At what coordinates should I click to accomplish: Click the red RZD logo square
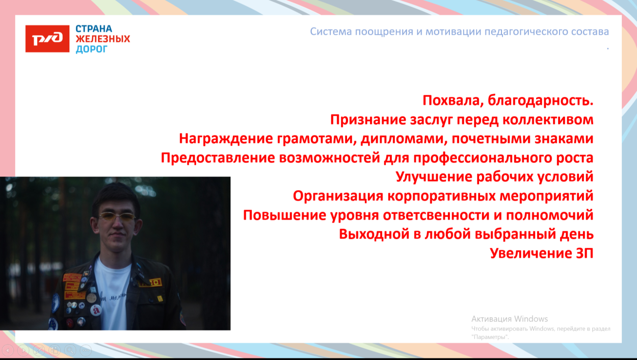47,39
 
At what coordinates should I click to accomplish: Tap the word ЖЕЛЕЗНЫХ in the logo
102,39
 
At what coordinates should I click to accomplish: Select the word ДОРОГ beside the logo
92,49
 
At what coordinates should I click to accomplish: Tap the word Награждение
226,139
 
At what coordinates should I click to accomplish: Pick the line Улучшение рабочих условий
494,177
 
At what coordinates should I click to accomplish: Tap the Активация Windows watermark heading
509,319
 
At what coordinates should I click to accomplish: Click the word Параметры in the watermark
490,337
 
